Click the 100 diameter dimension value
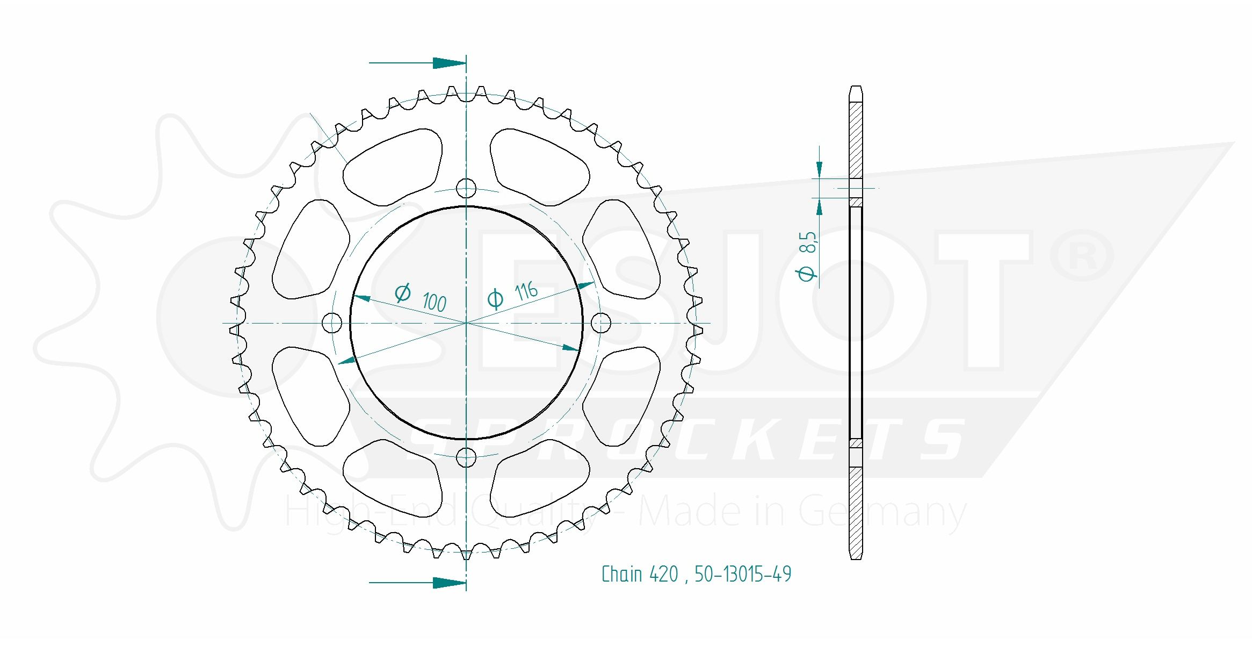click(x=434, y=303)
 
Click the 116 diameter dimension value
click(x=526, y=291)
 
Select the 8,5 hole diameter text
click(x=807, y=242)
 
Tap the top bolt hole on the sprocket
click(x=466, y=188)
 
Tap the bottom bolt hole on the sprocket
click(x=466, y=457)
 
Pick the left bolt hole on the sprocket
click(x=332, y=323)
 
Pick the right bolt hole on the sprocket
click(x=600, y=323)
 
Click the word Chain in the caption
click(x=622, y=575)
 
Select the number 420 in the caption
click(x=664, y=575)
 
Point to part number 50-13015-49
click(x=743, y=575)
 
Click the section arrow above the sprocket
click(x=448, y=63)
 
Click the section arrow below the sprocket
click(x=448, y=583)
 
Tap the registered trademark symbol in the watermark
click(x=1081, y=256)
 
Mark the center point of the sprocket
click(x=466, y=323)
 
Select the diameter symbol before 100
click(x=402, y=293)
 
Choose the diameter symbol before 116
click(x=495, y=299)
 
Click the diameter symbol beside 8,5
click(x=806, y=273)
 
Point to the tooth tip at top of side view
click(x=856, y=88)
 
